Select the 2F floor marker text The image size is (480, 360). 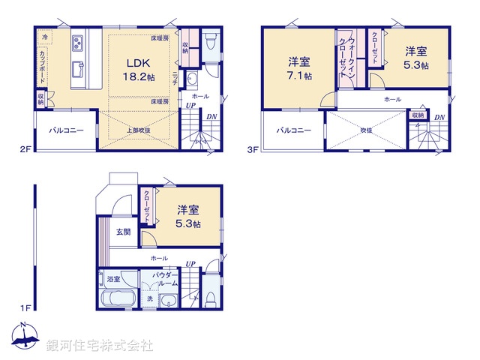[x=26, y=149]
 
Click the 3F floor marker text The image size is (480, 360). [x=253, y=149]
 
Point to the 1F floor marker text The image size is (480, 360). [x=26, y=307]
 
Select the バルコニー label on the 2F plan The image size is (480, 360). [x=66, y=130]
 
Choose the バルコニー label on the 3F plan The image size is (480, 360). [x=292, y=130]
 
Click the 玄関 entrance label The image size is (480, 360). [x=122, y=232]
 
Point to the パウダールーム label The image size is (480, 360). [x=166, y=280]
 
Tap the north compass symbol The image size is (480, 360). [x=25, y=337]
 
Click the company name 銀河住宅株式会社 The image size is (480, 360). [x=99, y=346]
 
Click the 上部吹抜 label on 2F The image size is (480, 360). [x=138, y=130]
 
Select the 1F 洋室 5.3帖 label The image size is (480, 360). [x=188, y=217]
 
